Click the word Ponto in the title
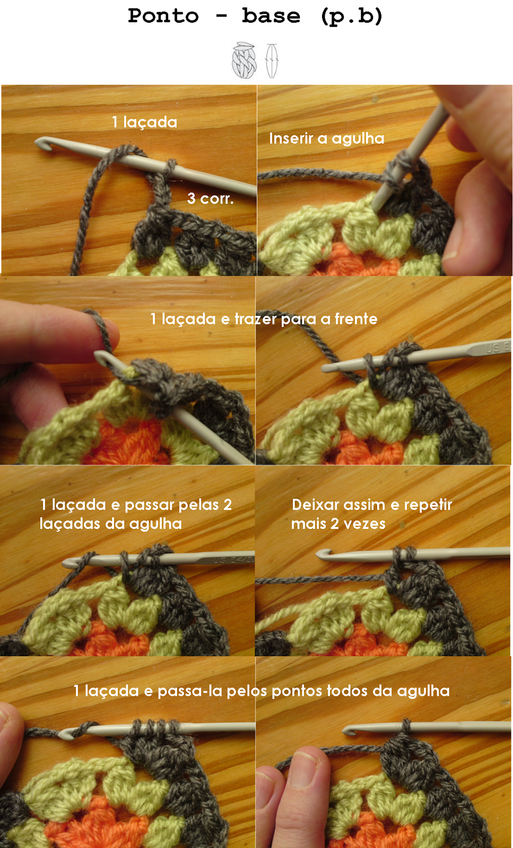pos(163,16)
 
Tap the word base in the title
pos(271,16)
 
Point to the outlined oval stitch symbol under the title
pos(272,60)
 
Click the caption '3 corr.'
pos(210,198)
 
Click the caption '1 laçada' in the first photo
pos(144,122)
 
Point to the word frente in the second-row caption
pos(356,319)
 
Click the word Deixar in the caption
pos(316,505)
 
